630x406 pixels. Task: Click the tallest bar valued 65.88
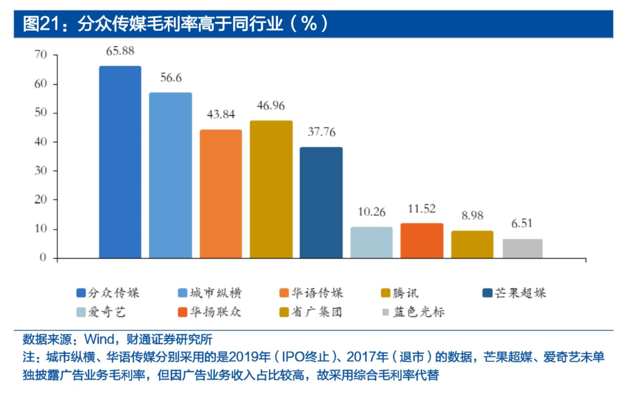(120, 162)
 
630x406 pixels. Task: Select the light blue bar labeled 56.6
(170, 175)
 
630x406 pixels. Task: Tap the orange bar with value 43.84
(221, 194)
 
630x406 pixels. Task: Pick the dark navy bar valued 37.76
(321, 203)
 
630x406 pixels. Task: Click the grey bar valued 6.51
(523, 248)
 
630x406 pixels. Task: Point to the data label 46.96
(271, 106)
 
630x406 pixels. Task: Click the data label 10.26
(371, 212)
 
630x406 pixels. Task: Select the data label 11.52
(422, 208)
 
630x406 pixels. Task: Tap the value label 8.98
(472, 215)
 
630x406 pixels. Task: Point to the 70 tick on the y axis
(41, 55)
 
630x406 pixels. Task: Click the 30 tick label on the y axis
(41, 171)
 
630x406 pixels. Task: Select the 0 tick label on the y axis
(43, 257)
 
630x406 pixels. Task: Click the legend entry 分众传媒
(108, 293)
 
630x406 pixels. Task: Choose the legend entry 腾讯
(400, 293)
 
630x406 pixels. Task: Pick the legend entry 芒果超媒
(514, 293)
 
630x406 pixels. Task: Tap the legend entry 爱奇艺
(101, 312)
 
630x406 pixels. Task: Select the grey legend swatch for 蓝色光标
(385, 312)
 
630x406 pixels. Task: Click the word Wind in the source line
(99, 339)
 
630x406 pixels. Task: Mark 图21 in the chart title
(41, 24)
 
